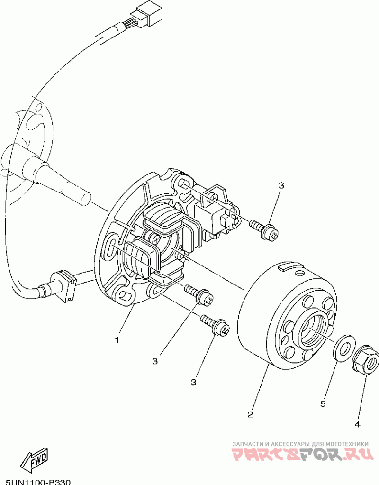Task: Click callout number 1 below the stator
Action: pyautogui.click(x=117, y=340)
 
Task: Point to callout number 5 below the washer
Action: pyautogui.click(x=323, y=404)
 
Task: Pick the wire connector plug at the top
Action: pyautogui.click(x=150, y=14)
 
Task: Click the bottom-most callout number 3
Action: pyautogui.click(x=194, y=382)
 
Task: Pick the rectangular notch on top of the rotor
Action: pyautogui.click(x=287, y=268)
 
